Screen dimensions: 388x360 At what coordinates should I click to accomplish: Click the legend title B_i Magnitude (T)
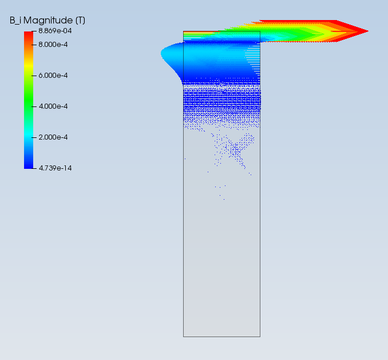click(x=47, y=20)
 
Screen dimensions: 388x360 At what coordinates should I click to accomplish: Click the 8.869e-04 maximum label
click(x=55, y=31)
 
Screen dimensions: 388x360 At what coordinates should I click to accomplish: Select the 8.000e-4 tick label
click(x=53, y=45)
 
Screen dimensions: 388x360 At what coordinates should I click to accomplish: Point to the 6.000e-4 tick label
click(x=53, y=76)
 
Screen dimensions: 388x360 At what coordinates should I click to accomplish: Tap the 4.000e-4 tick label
click(x=53, y=106)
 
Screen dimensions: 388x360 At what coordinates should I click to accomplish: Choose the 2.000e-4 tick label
click(x=53, y=137)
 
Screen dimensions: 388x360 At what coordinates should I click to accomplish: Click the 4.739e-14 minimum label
click(x=55, y=168)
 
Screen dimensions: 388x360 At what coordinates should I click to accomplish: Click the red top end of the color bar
click(x=29, y=35)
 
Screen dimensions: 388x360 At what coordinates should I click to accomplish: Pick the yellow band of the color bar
click(x=29, y=66)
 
